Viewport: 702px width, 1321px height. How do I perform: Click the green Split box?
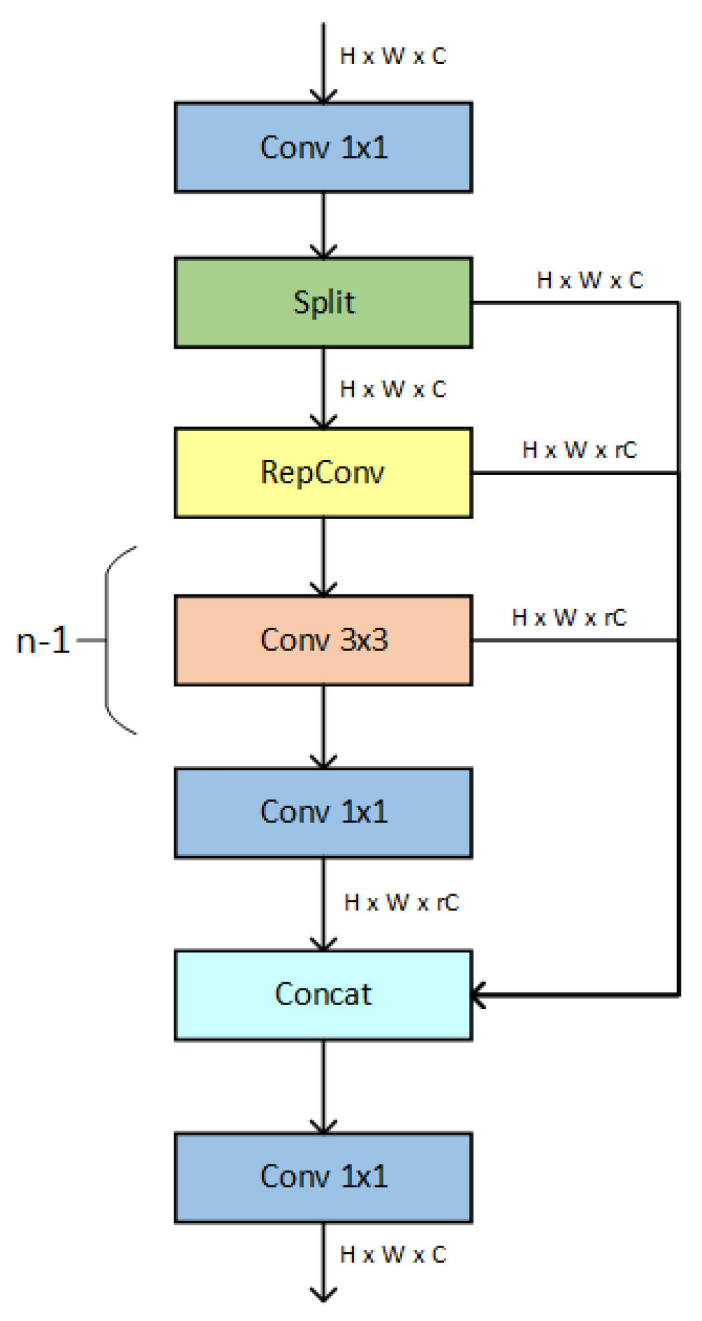(323, 303)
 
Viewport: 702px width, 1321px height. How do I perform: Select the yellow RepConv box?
(323, 473)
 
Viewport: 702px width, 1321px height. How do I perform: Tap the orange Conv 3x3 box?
(323, 640)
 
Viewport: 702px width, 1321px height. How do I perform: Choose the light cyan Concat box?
(323, 995)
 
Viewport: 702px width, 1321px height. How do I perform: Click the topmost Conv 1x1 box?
(323, 148)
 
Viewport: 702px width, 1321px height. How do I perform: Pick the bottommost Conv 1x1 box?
(323, 1177)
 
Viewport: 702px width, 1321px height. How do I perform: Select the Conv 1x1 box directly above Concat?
(323, 813)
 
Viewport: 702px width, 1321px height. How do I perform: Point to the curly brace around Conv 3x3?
(114, 640)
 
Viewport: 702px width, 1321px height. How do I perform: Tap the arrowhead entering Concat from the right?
(477, 995)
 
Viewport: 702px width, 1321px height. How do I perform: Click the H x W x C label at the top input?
(393, 56)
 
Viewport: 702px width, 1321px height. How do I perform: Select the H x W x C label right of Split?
(590, 280)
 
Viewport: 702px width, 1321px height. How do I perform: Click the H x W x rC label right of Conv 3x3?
(569, 618)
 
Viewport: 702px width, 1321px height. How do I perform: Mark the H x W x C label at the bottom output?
(393, 1255)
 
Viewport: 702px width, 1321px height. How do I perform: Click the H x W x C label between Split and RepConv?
(393, 389)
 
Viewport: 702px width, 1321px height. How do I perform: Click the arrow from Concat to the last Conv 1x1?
(323, 1085)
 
